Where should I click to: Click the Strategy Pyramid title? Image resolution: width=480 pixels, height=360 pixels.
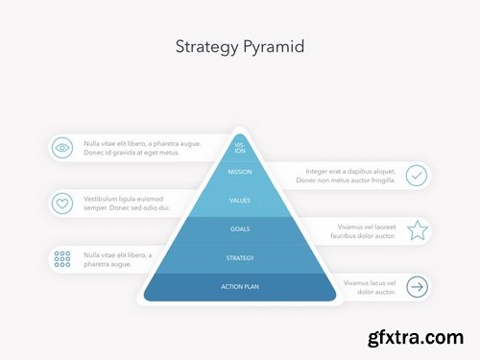(x=240, y=46)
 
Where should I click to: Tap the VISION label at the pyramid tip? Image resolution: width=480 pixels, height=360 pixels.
(x=240, y=148)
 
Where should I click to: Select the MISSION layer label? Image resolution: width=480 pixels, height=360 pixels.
(x=240, y=173)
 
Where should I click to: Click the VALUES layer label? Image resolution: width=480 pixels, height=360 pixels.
(x=240, y=201)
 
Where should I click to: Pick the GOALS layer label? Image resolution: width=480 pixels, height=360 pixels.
(x=240, y=229)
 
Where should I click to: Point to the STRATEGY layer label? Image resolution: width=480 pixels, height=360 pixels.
(x=240, y=257)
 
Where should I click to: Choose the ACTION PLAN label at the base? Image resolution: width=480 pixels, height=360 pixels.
(x=240, y=286)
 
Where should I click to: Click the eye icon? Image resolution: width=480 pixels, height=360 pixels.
(x=62, y=148)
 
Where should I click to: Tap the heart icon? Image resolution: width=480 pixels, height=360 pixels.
(x=62, y=204)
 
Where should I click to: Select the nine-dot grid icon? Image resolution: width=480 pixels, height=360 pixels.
(x=62, y=258)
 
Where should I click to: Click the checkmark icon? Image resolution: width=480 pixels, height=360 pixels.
(x=417, y=175)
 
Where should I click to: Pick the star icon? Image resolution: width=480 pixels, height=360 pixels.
(x=417, y=230)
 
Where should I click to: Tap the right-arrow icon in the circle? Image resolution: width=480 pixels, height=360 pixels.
(x=417, y=286)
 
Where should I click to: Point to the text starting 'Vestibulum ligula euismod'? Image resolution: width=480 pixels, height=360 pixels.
(x=127, y=203)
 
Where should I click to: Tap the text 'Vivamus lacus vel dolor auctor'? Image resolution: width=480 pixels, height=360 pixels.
(x=369, y=286)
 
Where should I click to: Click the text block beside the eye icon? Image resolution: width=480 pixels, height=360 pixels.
(x=142, y=148)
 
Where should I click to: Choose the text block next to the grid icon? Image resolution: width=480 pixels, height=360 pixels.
(x=117, y=258)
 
